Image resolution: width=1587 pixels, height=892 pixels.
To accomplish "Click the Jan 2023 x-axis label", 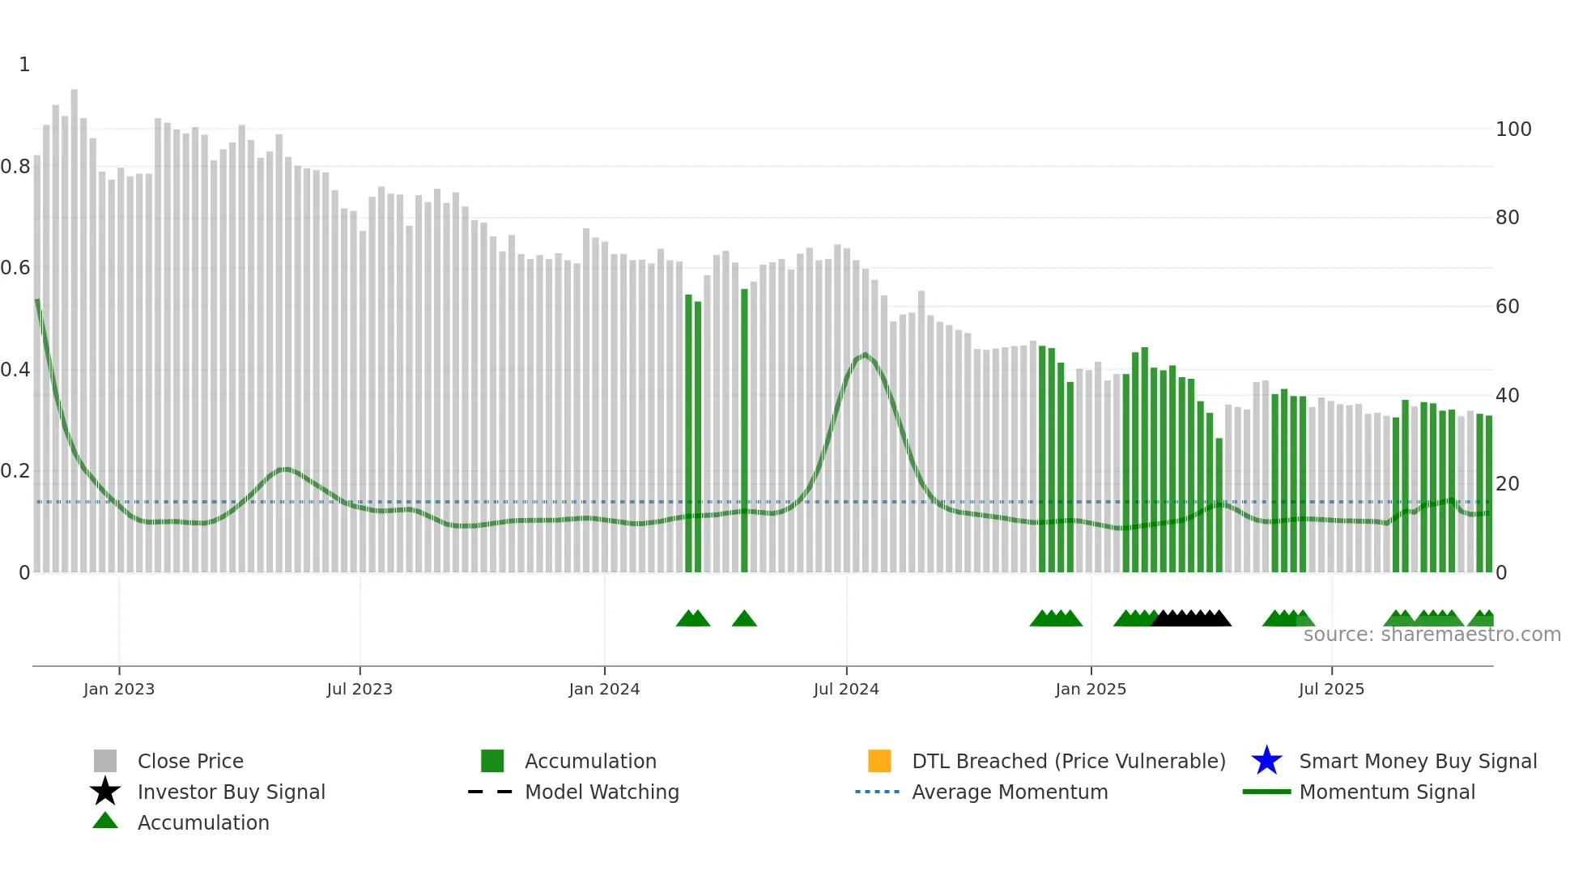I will pyautogui.click(x=119, y=689).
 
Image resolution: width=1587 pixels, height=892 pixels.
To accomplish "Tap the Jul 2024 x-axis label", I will pyautogui.click(x=846, y=689).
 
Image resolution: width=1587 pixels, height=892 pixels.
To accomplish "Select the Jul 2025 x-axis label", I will pyautogui.click(x=1331, y=689).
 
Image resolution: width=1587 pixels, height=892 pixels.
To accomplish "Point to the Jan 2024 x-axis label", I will pyautogui.click(x=604, y=689).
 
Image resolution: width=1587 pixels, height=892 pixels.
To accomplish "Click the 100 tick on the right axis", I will pyautogui.click(x=1513, y=130).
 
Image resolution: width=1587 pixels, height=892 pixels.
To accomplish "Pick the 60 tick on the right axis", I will pyautogui.click(x=1507, y=307).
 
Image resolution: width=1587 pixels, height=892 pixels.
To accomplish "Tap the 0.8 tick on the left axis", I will pyautogui.click(x=15, y=167).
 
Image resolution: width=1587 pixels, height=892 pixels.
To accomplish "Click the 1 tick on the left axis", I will pyautogui.click(x=24, y=65).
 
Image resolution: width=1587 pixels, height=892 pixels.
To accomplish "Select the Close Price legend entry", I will pyautogui.click(x=190, y=761).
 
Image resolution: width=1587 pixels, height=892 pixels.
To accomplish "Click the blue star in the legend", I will pyautogui.click(x=1266, y=761).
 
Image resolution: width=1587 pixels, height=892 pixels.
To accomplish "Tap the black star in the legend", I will pyautogui.click(x=105, y=792).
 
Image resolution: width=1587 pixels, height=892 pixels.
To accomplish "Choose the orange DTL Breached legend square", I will pyautogui.click(x=879, y=761).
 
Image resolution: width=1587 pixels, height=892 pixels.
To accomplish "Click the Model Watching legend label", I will pyautogui.click(x=602, y=792).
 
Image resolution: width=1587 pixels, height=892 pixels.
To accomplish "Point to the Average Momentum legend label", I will pyautogui.click(x=1010, y=792).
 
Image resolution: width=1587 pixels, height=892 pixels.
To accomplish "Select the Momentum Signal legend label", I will pyautogui.click(x=1387, y=792).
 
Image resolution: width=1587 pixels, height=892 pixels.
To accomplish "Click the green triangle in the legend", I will pyautogui.click(x=105, y=821).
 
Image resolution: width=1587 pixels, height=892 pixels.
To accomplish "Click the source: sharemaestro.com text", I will pyautogui.click(x=1432, y=635).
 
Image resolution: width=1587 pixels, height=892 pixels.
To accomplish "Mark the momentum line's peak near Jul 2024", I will pyautogui.click(x=865, y=355).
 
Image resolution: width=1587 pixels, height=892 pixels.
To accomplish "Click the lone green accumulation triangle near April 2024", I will pyautogui.click(x=744, y=619).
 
